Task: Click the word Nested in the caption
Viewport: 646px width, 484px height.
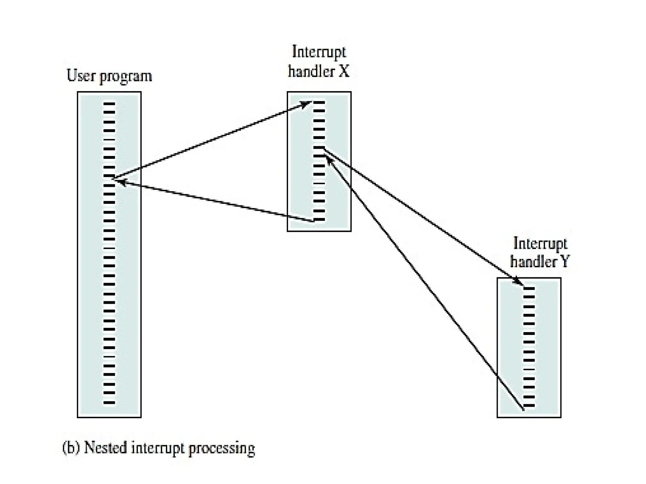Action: pos(105,448)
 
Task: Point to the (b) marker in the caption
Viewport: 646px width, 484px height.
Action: pos(71,448)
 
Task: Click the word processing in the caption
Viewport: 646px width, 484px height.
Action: pos(221,449)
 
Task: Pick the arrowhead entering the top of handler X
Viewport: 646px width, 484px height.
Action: pos(306,104)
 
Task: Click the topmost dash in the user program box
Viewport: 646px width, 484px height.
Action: pos(109,104)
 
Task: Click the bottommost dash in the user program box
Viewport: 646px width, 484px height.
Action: pos(109,402)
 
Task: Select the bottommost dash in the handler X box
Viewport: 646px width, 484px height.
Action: pos(319,220)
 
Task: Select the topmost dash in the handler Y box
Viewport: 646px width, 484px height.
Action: pos(529,288)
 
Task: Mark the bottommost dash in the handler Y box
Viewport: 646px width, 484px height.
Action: pos(529,406)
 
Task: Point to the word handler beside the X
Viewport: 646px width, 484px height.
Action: pos(311,71)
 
